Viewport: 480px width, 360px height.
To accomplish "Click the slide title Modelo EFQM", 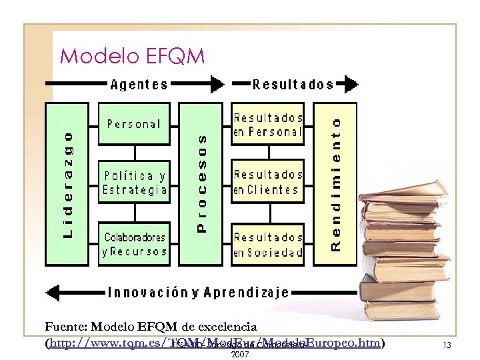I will click(132, 56).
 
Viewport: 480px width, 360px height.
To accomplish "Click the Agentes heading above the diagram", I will click(139, 85).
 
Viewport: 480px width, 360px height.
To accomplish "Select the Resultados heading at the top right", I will click(293, 85).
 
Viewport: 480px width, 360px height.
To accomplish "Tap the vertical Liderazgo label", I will click(68, 184).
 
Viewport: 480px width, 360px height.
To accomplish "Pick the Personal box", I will click(134, 124).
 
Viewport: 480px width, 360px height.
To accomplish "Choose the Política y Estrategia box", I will click(134, 183).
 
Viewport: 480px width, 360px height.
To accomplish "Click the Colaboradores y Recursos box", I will click(134, 244).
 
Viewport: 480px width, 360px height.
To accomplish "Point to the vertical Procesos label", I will click(203, 183).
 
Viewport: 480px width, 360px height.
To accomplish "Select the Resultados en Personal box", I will click(267, 124).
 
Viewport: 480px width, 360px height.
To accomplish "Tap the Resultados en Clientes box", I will click(267, 183).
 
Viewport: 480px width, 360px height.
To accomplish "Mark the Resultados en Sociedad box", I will click(267, 244).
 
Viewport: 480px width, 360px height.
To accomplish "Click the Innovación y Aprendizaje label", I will click(199, 292).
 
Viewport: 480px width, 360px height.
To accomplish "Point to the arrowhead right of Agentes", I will click(217, 84).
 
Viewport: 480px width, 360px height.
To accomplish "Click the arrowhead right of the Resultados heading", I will click(348, 85).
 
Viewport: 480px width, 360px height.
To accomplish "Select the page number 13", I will click(447, 345).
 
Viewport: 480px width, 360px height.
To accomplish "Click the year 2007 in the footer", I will click(239, 354).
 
